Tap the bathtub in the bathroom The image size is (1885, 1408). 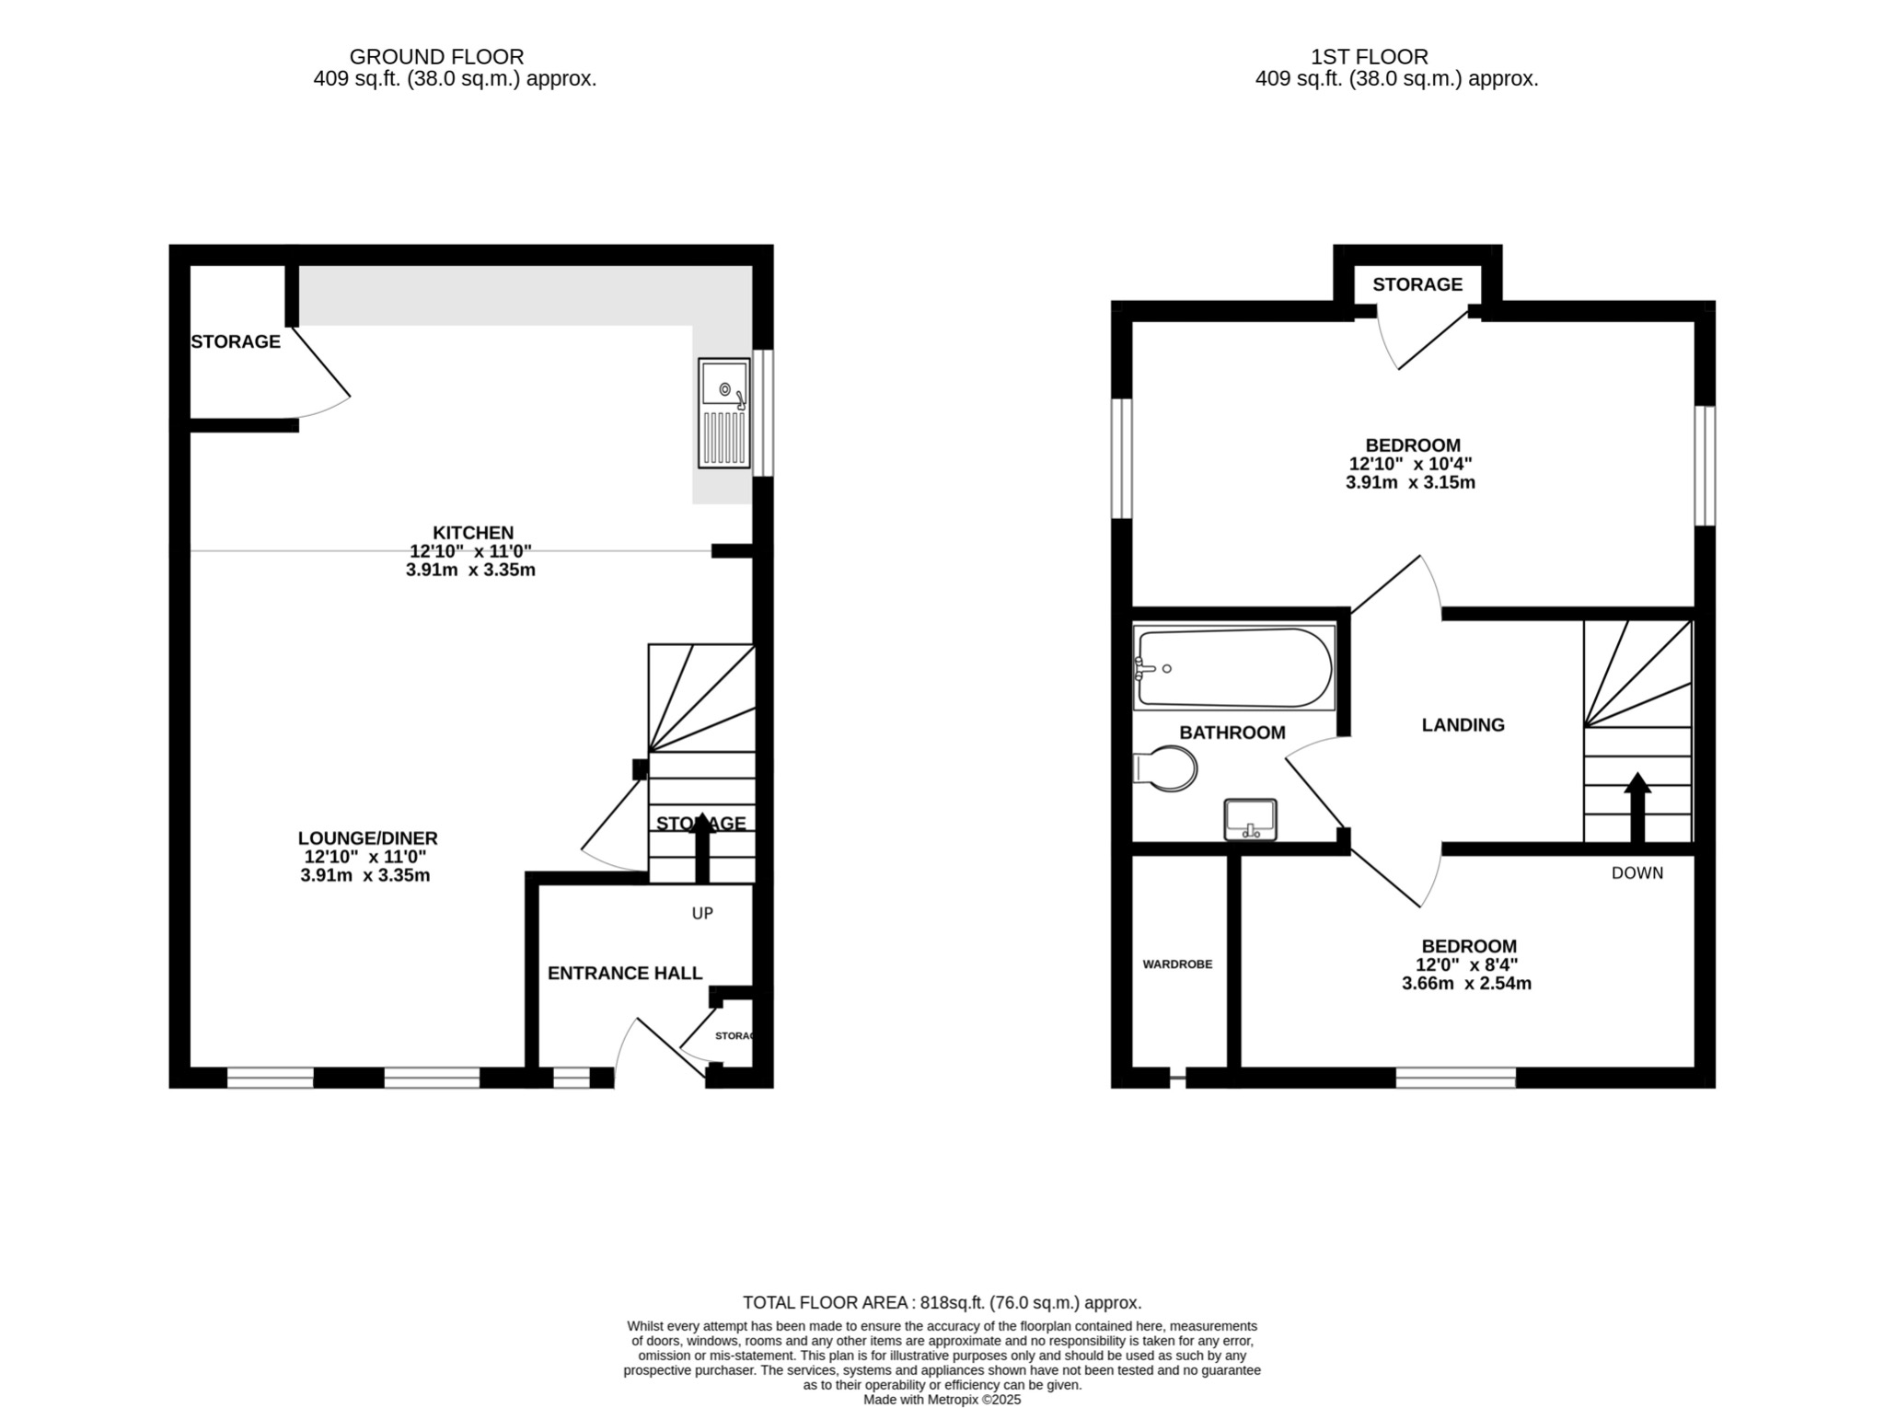pyautogui.click(x=1233, y=668)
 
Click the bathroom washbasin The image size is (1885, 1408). pyautogui.click(x=1250, y=819)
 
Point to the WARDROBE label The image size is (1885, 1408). pyautogui.click(x=1177, y=964)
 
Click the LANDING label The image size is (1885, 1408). pyautogui.click(x=1463, y=725)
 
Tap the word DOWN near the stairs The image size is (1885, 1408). pyautogui.click(x=1636, y=873)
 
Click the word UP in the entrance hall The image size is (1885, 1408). pyautogui.click(x=702, y=914)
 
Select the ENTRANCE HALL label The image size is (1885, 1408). pyautogui.click(x=624, y=974)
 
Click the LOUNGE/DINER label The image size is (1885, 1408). pyautogui.click(x=367, y=838)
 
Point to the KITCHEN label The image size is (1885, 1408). pyautogui.click(x=473, y=533)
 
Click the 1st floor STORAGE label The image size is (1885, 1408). pyautogui.click(x=1417, y=284)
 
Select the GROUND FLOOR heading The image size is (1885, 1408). pyautogui.click(x=436, y=57)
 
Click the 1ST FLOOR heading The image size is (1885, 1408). pyautogui.click(x=1369, y=57)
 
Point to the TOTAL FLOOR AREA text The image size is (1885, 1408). pyautogui.click(x=942, y=1302)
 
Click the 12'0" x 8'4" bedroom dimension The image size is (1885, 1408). pyautogui.click(x=1466, y=964)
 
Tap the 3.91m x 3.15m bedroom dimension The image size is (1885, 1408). pyautogui.click(x=1410, y=482)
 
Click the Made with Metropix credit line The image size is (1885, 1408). pyautogui.click(x=942, y=1400)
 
